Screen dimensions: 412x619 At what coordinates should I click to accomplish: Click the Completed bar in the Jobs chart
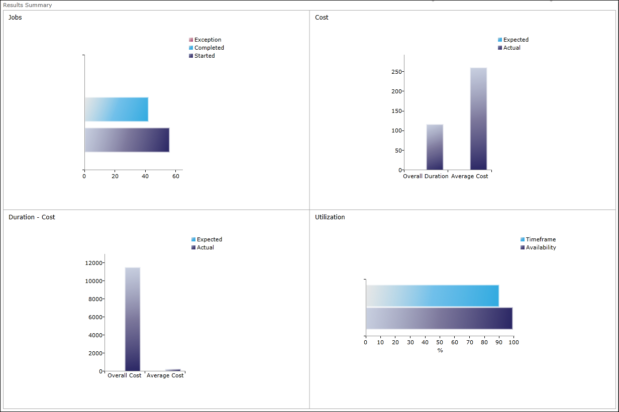tap(117, 109)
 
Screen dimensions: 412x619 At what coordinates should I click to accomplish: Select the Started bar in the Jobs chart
tap(127, 140)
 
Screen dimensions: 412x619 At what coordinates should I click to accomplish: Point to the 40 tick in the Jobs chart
tap(146, 176)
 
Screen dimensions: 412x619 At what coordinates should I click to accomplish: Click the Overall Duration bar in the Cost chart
tap(435, 147)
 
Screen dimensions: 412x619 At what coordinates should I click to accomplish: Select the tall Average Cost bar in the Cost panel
tap(478, 119)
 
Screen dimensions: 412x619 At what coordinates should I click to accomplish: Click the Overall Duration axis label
tap(426, 176)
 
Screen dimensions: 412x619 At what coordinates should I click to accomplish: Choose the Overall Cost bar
tap(133, 319)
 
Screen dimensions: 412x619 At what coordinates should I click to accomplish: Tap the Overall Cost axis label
tap(125, 376)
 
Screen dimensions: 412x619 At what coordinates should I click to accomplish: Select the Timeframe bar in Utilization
tap(432, 296)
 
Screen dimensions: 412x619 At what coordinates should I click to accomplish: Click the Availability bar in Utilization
tap(439, 318)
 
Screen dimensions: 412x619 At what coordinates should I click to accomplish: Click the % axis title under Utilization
tap(440, 350)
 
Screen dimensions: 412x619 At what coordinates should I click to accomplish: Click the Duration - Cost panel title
tap(32, 217)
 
